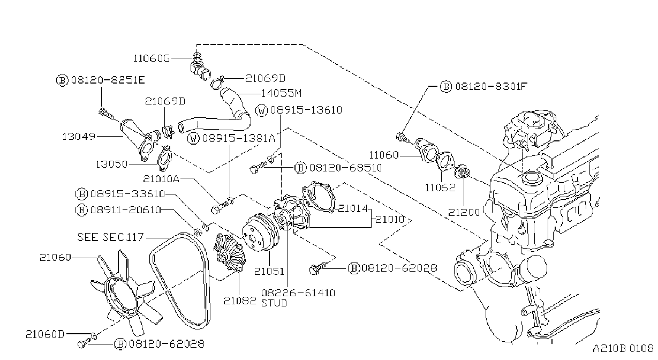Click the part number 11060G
point(152,58)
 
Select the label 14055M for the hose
point(281,93)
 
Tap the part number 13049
point(79,137)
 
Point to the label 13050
point(111,164)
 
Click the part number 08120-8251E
point(108,80)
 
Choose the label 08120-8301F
point(491,86)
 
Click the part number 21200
point(464,212)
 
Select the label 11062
point(440,187)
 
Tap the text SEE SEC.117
point(110,237)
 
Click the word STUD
point(274,303)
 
